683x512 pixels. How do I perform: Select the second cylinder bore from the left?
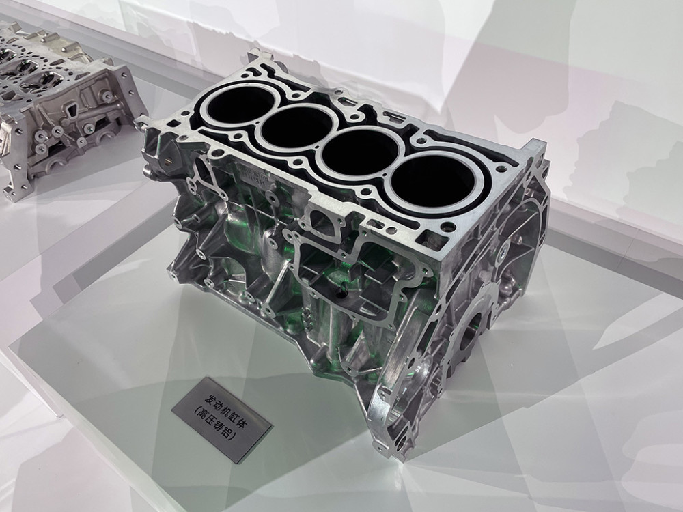tap(298, 128)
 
